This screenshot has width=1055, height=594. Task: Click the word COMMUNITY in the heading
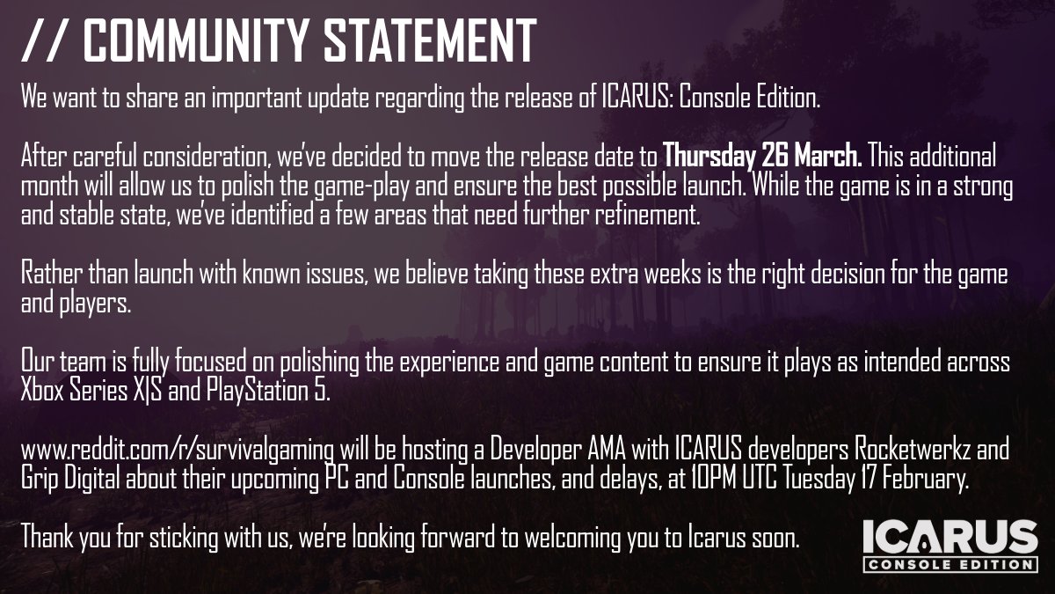pyautogui.click(x=200, y=40)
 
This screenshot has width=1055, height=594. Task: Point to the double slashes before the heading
pyautogui.click(x=47, y=40)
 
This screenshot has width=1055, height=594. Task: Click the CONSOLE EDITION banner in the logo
pyautogui.click(x=949, y=563)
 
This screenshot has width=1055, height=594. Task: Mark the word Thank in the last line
pyautogui.click(x=47, y=536)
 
